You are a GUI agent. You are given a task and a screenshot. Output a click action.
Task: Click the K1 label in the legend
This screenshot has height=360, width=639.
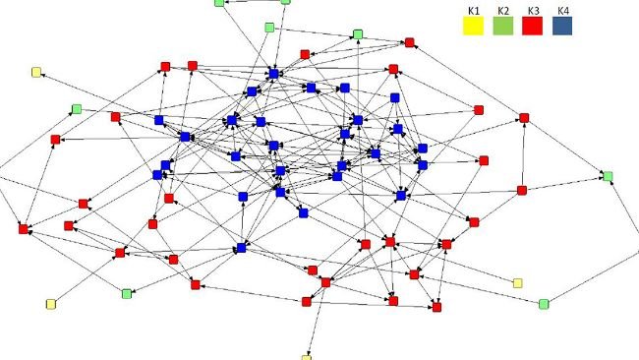pos(472,11)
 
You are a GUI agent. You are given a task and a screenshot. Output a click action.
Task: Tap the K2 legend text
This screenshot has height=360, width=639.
pos(502,11)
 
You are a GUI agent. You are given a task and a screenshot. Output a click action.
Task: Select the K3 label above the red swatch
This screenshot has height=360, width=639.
pos(533,11)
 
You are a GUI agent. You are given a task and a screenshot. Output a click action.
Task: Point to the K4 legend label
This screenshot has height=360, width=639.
pos(561,11)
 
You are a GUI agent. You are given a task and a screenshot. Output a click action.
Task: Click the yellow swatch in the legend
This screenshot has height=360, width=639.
pos(473,27)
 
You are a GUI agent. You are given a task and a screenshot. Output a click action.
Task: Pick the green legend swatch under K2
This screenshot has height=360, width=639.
pos(502,27)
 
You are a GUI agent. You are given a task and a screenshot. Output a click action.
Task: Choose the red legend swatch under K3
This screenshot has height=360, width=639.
pos(533,27)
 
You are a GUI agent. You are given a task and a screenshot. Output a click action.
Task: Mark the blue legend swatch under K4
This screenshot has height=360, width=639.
pos(562,27)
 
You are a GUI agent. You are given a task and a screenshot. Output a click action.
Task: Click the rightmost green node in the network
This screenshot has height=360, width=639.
pos(608,176)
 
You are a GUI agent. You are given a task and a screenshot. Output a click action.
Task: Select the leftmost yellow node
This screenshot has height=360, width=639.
pos(36,72)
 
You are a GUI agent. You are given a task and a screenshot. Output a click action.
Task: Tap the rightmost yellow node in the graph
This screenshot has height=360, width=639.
pos(518,283)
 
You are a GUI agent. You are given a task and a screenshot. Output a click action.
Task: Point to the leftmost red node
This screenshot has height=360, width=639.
pos(24,229)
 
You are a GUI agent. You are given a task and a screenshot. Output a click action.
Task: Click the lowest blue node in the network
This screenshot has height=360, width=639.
pos(241,248)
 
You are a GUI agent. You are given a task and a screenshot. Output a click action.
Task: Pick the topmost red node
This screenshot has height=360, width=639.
pos(409,42)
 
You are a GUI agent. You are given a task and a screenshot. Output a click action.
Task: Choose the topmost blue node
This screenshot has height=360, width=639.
pos(275,73)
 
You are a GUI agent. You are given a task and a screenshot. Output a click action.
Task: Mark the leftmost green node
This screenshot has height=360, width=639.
pos(76,108)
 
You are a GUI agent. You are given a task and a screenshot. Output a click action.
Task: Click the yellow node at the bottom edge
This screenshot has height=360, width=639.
pos(306,358)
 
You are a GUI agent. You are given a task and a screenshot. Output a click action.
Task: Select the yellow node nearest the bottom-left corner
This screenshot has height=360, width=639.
pos(50,304)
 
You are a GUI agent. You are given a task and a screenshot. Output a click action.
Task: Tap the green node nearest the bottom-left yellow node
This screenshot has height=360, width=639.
pos(126,293)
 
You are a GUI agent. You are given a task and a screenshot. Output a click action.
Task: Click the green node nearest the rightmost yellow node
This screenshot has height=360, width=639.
pos(544,304)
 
